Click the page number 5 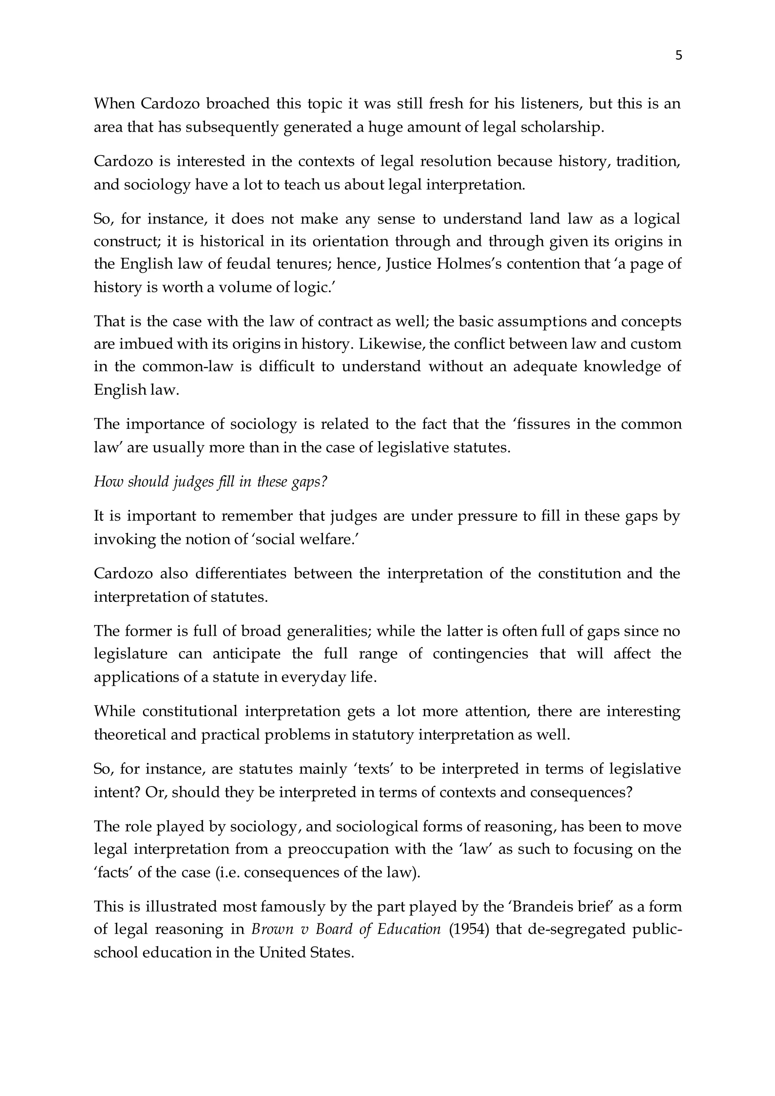679,56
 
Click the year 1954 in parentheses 470,929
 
